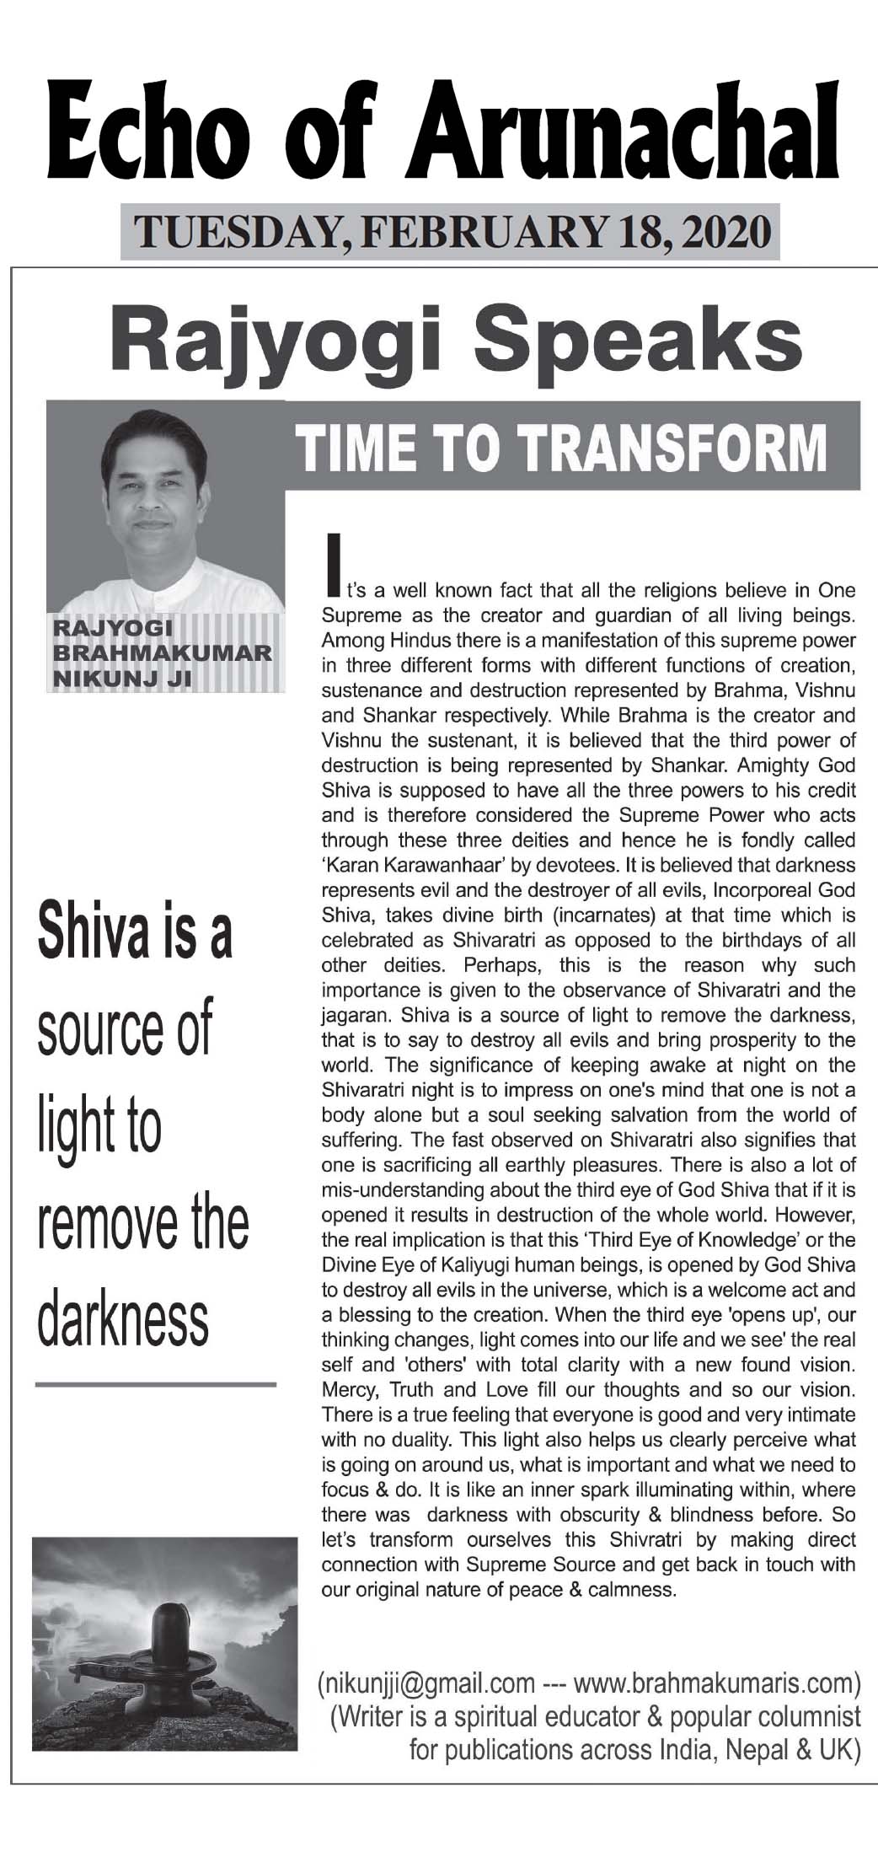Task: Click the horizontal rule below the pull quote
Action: coord(155,1384)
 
